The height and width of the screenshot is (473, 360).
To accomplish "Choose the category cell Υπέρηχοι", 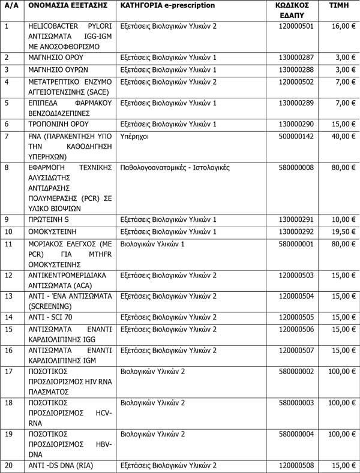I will tap(138, 136).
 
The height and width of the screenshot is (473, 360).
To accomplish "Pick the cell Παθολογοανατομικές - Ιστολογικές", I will tap(175, 168).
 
